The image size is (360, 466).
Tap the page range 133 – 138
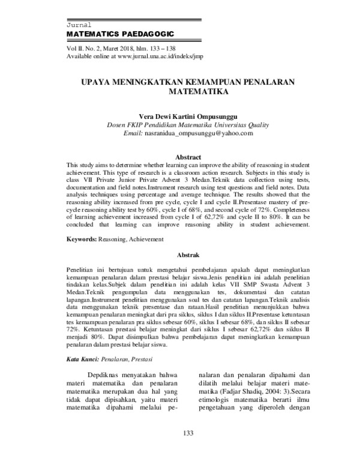(166, 49)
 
